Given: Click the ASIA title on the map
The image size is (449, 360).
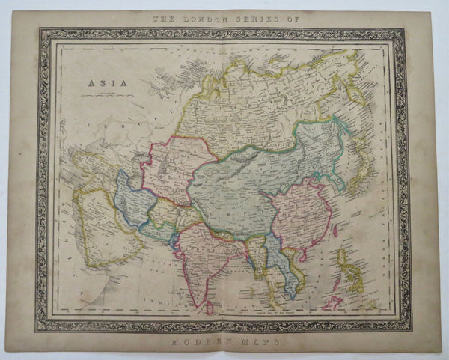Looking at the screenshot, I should pos(99,85).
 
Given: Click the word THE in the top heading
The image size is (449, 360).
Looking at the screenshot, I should pos(163,18).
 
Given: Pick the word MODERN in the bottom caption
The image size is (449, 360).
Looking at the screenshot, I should pos(198,341).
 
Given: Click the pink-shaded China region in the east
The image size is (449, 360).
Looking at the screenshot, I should pos(299,217).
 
